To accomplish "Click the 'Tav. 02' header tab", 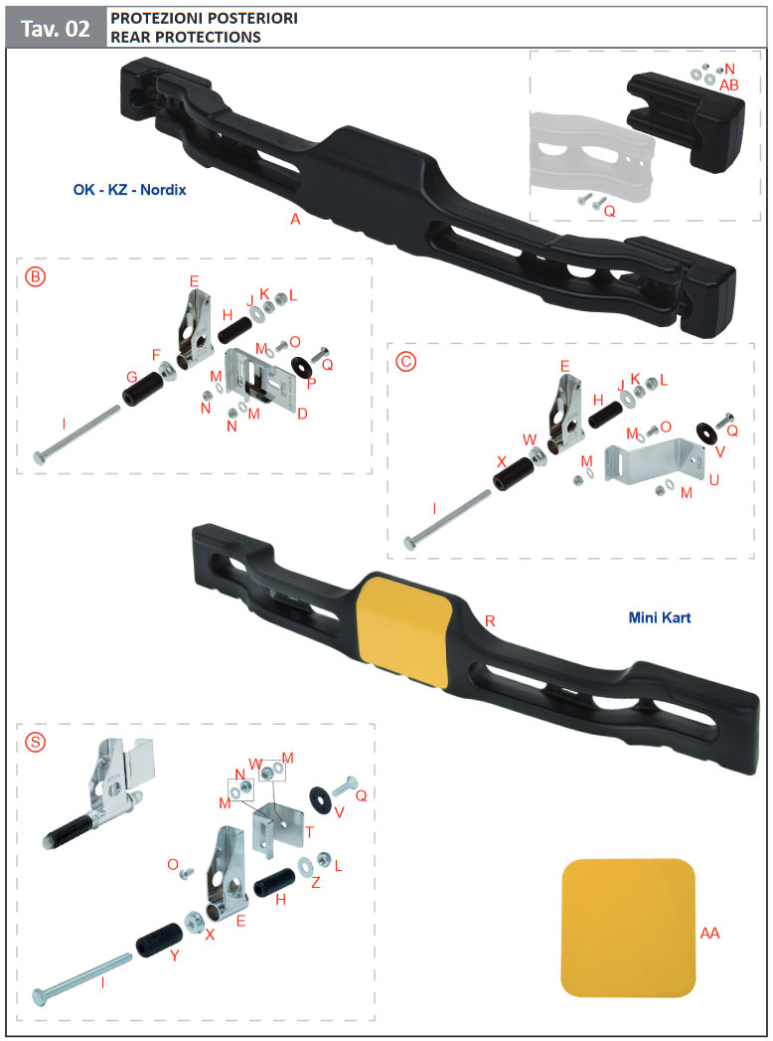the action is click(x=56, y=29).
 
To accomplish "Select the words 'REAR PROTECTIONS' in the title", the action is click(x=186, y=37).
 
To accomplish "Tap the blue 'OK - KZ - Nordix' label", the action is click(x=129, y=190).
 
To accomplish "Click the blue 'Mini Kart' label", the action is click(x=660, y=617).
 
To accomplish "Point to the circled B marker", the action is click(x=35, y=276).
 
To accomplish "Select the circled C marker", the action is click(x=405, y=361).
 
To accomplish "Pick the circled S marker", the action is click(x=35, y=741).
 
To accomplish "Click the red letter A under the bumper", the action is click(x=295, y=219).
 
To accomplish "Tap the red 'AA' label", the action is click(x=709, y=933).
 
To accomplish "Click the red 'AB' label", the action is click(x=728, y=85).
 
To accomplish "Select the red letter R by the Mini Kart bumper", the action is click(x=490, y=621).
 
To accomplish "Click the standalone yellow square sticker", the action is click(x=628, y=928).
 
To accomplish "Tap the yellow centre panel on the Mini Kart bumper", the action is click(x=404, y=628).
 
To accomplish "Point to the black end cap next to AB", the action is click(x=686, y=118).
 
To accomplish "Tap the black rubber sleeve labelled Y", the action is click(x=159, y=940).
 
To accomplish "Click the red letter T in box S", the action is click(x=309, y=832).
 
